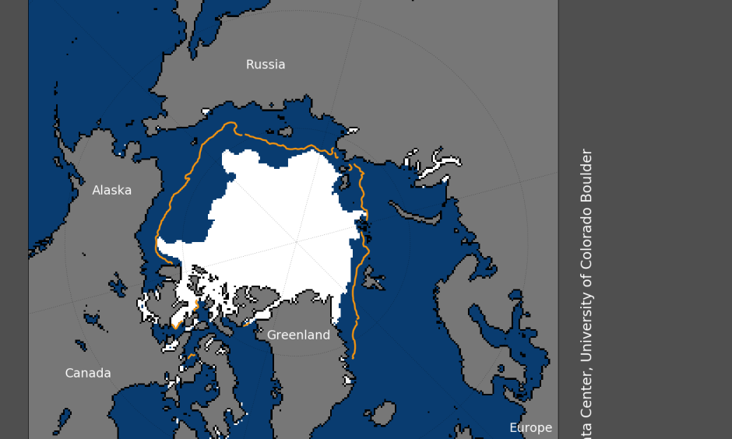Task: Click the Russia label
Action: click(266, 65)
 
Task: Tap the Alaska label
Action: click(112, 191)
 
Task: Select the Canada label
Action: click(88, 374)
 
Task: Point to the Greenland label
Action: click(298, 335)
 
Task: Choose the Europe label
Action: click(530, 428)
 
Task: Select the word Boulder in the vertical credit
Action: click(587, 177)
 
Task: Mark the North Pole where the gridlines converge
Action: click(296, 243)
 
